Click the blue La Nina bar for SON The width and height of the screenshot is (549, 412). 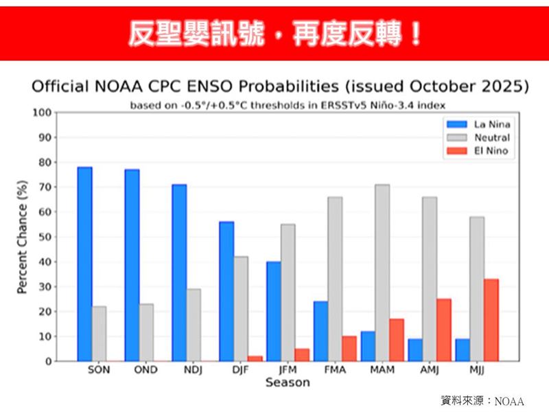(84, 264)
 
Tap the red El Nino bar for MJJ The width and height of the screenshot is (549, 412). (491, 320)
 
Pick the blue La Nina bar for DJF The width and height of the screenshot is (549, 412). (226, 291)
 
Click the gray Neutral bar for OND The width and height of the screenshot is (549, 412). (146, 332)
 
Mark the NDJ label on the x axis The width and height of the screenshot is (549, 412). (194, 370)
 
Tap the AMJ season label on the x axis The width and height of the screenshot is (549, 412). (430, 370)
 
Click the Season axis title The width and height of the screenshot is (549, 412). (288, 382)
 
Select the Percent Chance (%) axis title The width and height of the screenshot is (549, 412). (22, 237)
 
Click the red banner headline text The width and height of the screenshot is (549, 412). (274, 33)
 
